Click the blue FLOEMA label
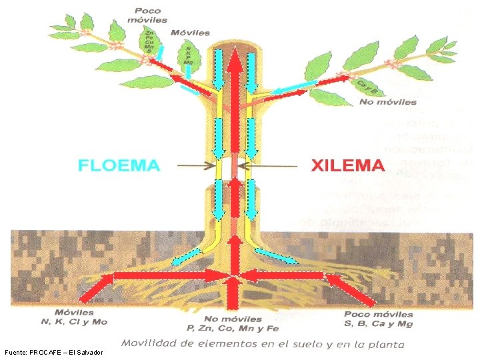pyautogui.click(x=119, y=165)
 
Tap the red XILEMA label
pyautogui.click(x=348, y=165)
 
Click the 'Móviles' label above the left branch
pyautogui.click(x=189, y=32)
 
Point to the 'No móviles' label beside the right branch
pyautogui.click(x=388, y=102)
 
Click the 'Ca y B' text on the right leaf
pyautogui.click(x=367, y=87)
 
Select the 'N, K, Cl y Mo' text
pyautogui.click(x=74, y=322)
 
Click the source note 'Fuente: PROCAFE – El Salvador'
pyautogui.click(x=53, y=352)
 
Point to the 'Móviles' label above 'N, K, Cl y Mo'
pyautogui.click(x=74, y=313)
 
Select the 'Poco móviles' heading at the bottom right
pyautogui.click(x=379, y=313)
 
